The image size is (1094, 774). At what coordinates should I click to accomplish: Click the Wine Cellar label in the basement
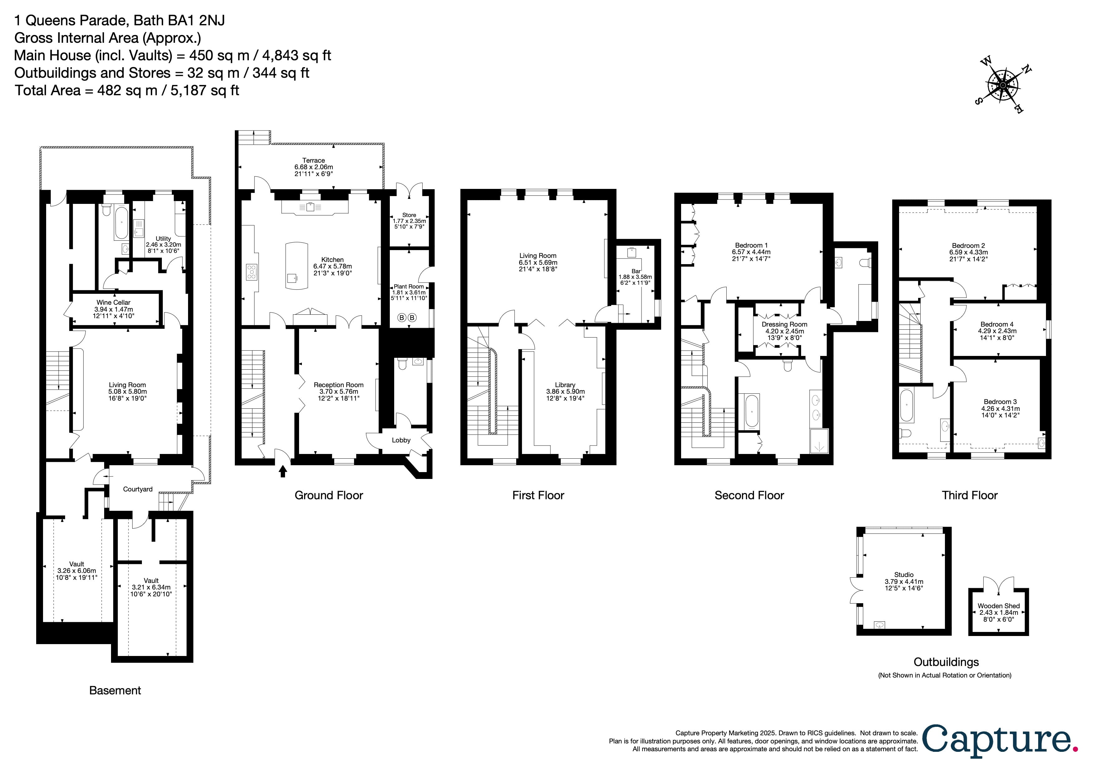(114, 302)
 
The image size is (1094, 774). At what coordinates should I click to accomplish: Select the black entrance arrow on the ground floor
(283, 471)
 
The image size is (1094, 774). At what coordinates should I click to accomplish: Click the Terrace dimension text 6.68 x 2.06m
(313, 167)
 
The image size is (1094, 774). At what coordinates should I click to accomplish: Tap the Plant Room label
(409, 287)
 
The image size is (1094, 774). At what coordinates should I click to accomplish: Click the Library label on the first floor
(565, 385)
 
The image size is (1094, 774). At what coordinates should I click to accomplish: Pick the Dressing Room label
(784, 324)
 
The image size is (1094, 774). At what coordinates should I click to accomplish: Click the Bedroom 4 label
(997, 324)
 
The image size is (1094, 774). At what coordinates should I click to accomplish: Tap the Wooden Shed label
(999, 606)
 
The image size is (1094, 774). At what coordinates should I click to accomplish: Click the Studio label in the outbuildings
(904, 575)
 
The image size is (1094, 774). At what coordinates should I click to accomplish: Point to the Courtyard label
(138, 489)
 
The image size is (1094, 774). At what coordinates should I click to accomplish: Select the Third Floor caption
(970, 495)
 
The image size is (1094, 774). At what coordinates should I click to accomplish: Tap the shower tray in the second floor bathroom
(819, 441)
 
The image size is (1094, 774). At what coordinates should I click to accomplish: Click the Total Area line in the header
(127, 91)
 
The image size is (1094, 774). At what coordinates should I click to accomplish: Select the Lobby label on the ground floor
(401, 440)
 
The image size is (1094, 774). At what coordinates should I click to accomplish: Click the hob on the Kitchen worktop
(252, 272)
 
